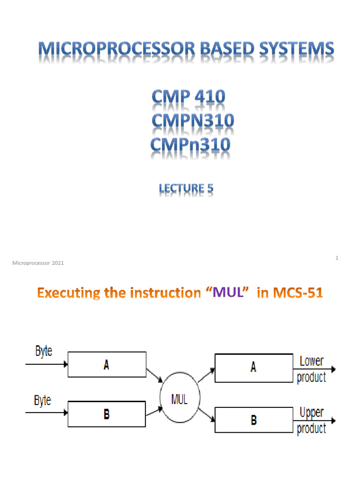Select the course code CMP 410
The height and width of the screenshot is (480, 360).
point(188,97)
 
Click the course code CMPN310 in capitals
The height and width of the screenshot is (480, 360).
point(193,121)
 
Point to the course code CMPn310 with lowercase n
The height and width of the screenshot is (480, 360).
point(190,144)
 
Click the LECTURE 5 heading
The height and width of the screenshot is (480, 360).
point(186,188)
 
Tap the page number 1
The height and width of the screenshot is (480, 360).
point(337,258)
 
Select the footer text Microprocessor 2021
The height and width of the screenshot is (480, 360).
point(37,263)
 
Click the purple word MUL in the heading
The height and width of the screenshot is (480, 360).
point(228,294)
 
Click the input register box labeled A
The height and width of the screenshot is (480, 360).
point(107,365)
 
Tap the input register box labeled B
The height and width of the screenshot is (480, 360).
point(107,414)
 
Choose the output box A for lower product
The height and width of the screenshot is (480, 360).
point(254,368)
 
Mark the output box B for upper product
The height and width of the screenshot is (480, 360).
point(254,420)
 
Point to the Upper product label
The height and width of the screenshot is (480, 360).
point(312,420)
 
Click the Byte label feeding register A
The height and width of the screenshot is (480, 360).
point(44,352)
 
